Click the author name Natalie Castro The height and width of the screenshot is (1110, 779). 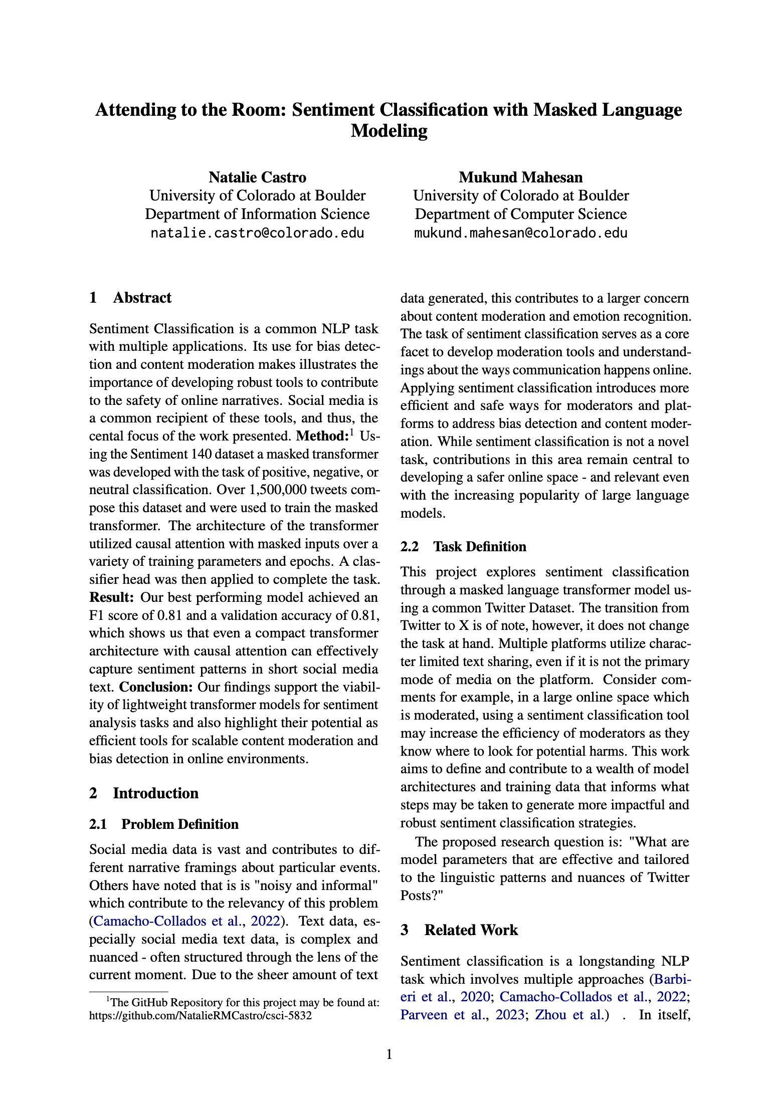[x=257, y=177]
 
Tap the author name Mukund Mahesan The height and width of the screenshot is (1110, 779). [x=520, y=177]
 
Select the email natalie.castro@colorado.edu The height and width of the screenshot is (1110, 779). [x=257, y=233]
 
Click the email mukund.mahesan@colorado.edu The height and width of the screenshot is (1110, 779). [x=520, y=233]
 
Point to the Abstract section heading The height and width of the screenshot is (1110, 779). [x=142, y=298]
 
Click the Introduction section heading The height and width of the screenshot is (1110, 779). [x=155, y=793]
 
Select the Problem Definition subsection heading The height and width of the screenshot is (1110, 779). [x=179, y=824]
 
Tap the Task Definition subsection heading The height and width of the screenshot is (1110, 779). [x=479, y=547]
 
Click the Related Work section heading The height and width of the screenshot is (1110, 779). [x=471, y=930]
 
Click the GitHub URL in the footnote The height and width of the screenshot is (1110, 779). [x=200, y=1016]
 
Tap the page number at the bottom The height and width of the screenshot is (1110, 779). [x=389, y=1055]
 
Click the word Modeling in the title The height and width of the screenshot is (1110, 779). [x=389, y=131]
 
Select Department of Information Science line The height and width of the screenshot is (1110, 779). [x=257, y=214]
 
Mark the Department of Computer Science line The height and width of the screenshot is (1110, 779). [x=520, y=214]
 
